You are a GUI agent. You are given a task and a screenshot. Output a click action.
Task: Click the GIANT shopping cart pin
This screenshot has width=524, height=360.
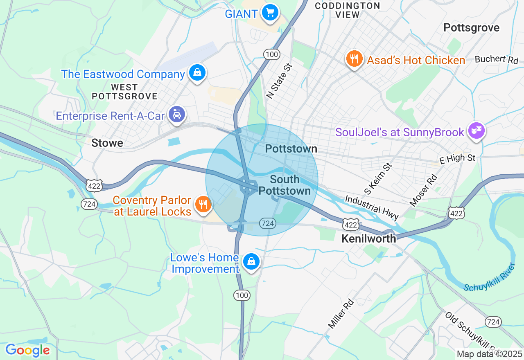click(x=270, y=13)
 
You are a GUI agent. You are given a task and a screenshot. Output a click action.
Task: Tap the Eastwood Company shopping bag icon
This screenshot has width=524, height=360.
click(x=197, y=73)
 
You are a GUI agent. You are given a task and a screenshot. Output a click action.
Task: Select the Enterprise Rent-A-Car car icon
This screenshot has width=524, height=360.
click(x=177, y=115)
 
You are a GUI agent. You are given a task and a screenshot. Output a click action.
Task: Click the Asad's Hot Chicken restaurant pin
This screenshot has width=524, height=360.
click(x=354, y=59)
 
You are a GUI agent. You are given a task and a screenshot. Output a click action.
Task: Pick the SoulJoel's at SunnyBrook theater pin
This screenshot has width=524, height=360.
click(x=477, y=131)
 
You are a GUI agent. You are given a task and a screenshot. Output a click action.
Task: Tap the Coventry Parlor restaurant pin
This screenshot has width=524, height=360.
click(x=202, y=204)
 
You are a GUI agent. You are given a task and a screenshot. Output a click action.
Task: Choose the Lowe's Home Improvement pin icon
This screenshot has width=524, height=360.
click(x=251, y=261)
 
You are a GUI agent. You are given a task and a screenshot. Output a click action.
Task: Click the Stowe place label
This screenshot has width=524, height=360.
click(x=107, y=143)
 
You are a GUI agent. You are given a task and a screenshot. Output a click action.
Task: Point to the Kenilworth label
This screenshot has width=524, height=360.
click(x=369, y=239)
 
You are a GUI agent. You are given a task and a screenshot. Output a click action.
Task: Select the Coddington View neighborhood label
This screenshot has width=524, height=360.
click(x=347, y=10)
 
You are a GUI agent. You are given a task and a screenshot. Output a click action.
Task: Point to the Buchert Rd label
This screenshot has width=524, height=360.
click(x=497, y=59)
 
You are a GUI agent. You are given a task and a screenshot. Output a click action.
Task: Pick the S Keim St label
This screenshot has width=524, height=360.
click(x=378, y=179)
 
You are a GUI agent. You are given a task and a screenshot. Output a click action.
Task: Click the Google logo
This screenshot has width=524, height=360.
click(x=27, y=350)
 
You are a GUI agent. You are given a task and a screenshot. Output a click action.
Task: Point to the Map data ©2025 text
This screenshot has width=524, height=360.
click(x=490, y=354)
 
